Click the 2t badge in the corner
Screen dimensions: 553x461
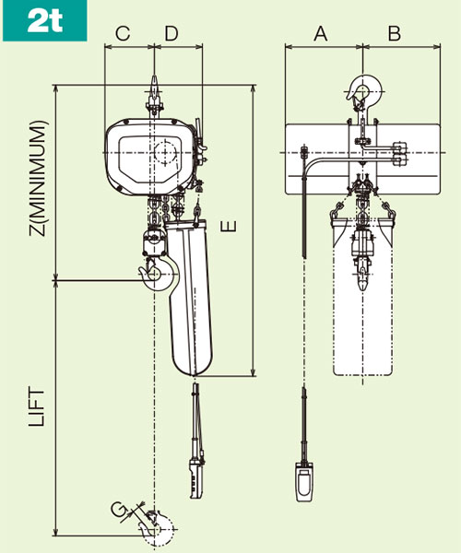point(44,20)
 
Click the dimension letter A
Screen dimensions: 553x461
point(321,34)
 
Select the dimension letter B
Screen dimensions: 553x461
point(394,34)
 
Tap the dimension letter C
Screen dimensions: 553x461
point(123,34)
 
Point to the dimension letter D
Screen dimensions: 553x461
point(171,34)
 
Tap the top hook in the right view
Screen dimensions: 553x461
point(362,90)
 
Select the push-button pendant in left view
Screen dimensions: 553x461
point(195,476)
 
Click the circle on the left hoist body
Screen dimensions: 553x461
point(165,152)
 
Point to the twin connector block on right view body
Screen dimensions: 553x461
point(399,153)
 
